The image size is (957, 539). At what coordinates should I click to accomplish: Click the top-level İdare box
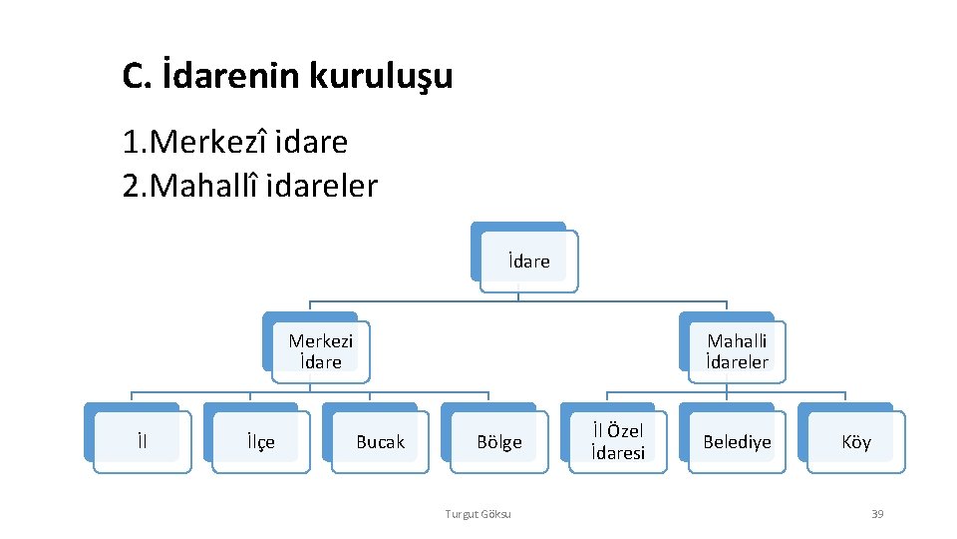click(x=528, y=262)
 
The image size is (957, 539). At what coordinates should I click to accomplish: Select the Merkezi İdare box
click(x=321, y=351)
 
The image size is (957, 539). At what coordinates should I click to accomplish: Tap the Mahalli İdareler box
click(x=738, y=351)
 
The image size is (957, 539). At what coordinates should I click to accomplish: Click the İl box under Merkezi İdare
click(x=143, y=441)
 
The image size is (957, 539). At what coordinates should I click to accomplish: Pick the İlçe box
click(x=261, y=441)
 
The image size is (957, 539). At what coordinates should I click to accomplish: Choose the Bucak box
click(x=380, y=441)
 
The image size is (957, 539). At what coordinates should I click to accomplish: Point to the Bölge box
click(x=498, y=441)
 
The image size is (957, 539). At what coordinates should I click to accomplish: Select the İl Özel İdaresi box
click(x=618, y=441)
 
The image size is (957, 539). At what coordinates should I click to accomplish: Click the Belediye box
click(x=737, y=441)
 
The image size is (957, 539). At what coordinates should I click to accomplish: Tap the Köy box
click(x=856, y=441)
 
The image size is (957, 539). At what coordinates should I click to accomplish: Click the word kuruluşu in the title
click(x=381, y=76)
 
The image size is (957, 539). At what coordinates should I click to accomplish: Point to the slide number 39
click(x=877, y=514)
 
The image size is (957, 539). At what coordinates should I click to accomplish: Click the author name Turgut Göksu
click(x=478, y=514)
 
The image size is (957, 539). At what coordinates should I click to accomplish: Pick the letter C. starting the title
click(x=136, y=76)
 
